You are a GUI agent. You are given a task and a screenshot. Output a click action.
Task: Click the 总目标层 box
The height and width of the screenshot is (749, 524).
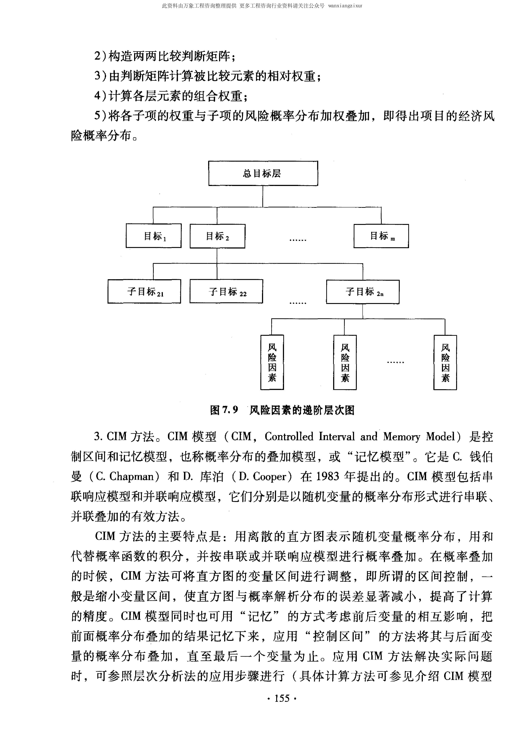(263, 173)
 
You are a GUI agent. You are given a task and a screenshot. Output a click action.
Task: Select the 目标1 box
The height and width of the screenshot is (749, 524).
(153, 236)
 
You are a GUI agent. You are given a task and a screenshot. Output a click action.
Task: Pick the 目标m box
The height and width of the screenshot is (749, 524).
(381, 236)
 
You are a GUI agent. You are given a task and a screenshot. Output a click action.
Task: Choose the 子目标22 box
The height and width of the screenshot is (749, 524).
(226, 291)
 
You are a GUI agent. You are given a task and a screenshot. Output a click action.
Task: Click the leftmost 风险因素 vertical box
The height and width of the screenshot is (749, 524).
(272, 362)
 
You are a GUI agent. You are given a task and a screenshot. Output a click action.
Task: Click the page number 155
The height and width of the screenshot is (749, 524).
(282, 698)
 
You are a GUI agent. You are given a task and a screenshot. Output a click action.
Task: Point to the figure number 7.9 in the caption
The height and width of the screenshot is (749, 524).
(230, 410)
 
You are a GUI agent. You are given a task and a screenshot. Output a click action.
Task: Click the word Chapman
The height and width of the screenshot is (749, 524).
(132, 477)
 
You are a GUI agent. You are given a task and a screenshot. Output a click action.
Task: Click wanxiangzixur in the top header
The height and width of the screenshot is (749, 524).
(345, 6)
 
